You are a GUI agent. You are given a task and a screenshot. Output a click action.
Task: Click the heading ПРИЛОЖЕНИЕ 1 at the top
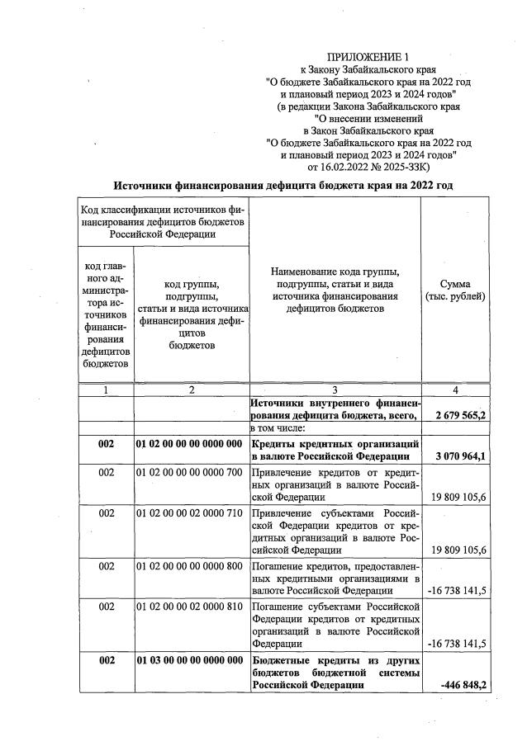[x=368, y=56]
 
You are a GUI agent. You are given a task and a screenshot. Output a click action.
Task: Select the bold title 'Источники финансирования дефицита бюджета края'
[x=283, y=186]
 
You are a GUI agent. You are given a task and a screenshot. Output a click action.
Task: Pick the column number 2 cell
[x=191, y=390]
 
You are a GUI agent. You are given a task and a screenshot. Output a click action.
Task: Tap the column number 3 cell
[x=335, y=390]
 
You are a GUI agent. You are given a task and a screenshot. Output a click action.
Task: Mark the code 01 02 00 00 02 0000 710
[x=189, y=512]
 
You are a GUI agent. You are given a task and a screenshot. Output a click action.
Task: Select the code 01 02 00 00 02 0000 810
[x=189, y=606]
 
